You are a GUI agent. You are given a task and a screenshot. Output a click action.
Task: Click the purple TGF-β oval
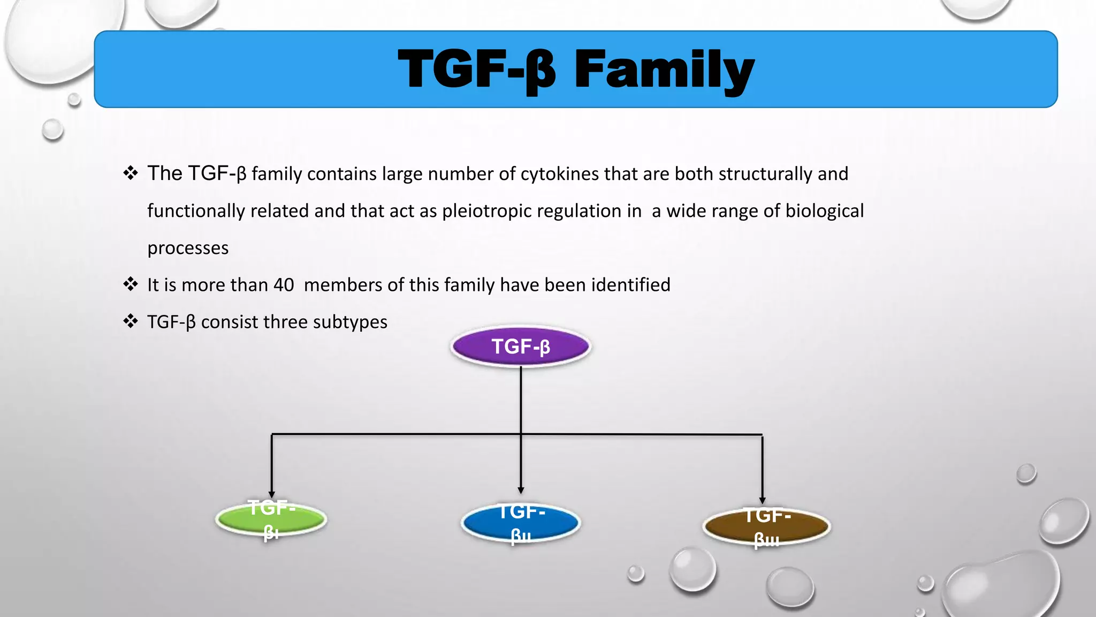coord(521,347)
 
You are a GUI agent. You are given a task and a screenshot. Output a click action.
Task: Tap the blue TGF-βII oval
coord(521,523)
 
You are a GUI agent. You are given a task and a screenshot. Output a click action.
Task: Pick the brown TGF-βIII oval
coord(766,526)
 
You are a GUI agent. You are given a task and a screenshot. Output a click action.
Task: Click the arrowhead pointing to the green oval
coord(272,494)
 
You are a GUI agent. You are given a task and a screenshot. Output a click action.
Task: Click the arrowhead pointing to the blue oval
coord(521,490)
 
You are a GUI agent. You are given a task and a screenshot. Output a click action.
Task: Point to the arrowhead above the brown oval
coord(762,500)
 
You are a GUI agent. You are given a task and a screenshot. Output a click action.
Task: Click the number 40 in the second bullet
coord(284,285)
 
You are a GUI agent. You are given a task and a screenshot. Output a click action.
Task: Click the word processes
coord(188,248)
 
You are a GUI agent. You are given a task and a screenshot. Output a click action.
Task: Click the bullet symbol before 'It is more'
coord(131,284)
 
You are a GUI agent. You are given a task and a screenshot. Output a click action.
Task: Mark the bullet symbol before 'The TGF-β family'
coord(131,172)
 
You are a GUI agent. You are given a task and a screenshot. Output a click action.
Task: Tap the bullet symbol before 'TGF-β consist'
coord(131,321)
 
